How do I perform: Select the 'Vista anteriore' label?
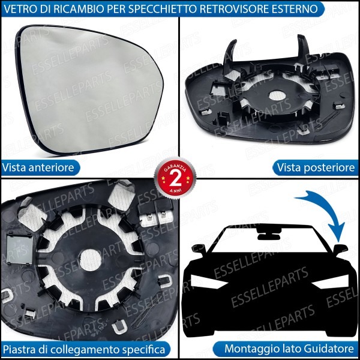[38, 167]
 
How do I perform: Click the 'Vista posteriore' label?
[316, 167]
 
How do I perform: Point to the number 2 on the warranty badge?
[175, 178]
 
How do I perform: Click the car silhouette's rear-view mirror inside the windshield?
[269, 234]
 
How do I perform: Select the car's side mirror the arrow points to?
[340, 249]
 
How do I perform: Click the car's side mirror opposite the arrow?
[199, 249]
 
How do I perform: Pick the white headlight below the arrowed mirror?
[331, 282]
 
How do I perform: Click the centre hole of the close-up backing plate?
[90, 260]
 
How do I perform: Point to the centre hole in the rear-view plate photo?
[277, 95]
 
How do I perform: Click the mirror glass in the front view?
[89, 89]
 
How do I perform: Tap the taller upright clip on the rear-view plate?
[304, 47]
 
